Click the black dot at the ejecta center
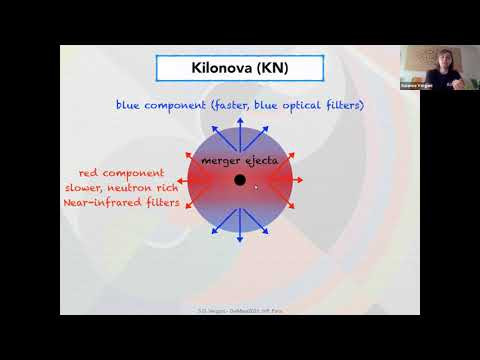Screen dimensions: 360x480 coord(240,180)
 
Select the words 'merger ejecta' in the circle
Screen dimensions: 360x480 coord(239,160)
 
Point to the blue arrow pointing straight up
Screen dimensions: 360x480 coord(240,124)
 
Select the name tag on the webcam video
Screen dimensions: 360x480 coord(437,87)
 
